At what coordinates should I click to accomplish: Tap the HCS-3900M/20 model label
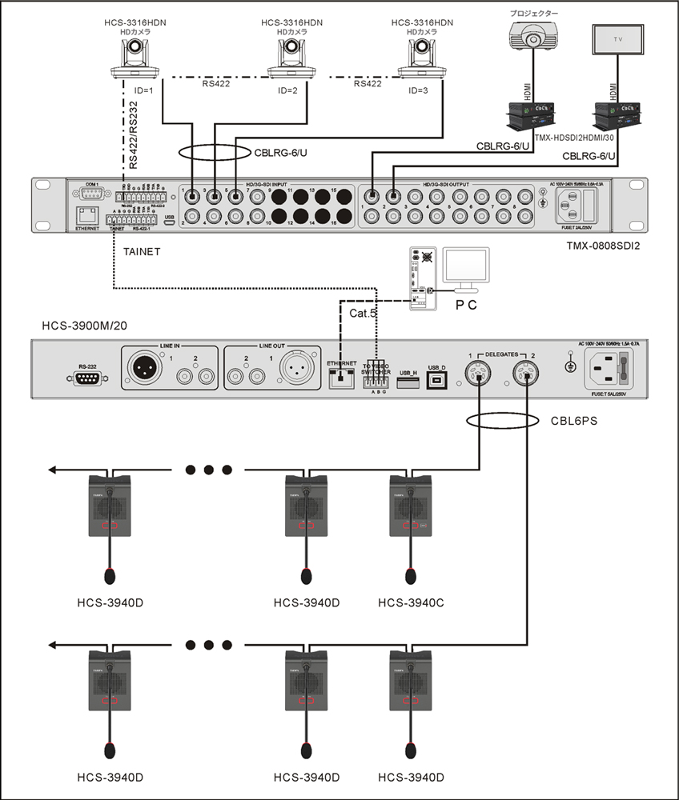[x=86, y=327]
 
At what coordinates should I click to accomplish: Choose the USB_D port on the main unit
[x=436, y=378]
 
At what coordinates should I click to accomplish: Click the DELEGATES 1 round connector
[x=479, y=372]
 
